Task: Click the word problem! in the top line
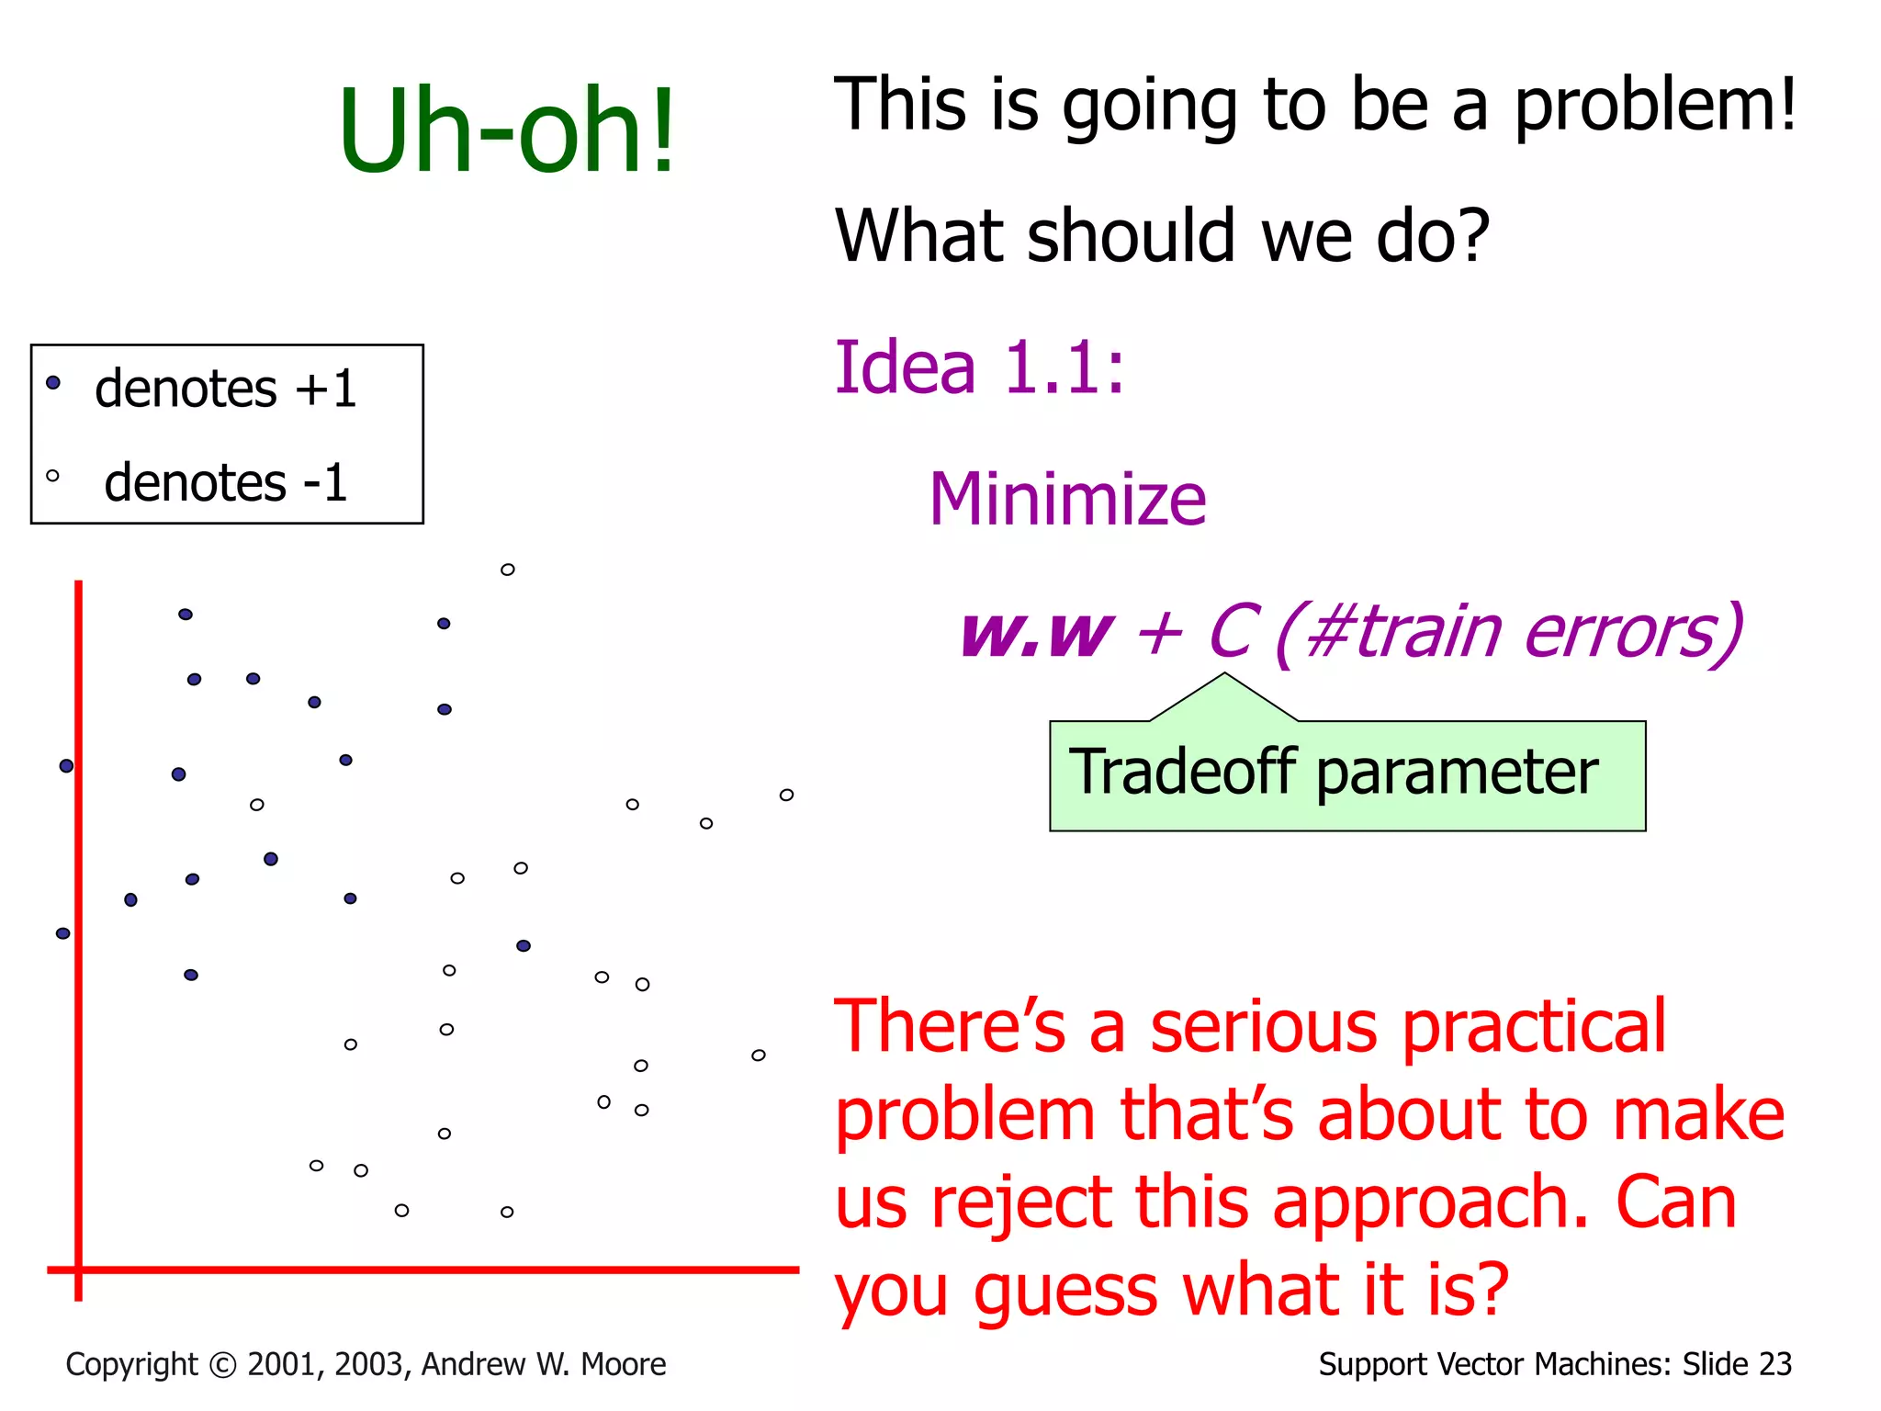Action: (1654, 104)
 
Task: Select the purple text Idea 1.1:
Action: (979, 367)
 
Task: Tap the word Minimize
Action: (1066, 499)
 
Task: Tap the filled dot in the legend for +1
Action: (53, 382)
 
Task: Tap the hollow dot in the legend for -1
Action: (52, 476)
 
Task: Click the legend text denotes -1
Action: (225, 482)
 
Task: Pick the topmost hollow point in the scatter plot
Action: (507, 570)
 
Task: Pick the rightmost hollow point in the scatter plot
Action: (786, 795)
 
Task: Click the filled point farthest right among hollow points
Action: (524, 945)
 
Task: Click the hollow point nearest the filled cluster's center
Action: (257, 805)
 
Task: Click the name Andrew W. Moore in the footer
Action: (544, 1364)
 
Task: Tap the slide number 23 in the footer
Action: (1774, 1364)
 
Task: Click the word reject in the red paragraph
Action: (1021, 1203)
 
